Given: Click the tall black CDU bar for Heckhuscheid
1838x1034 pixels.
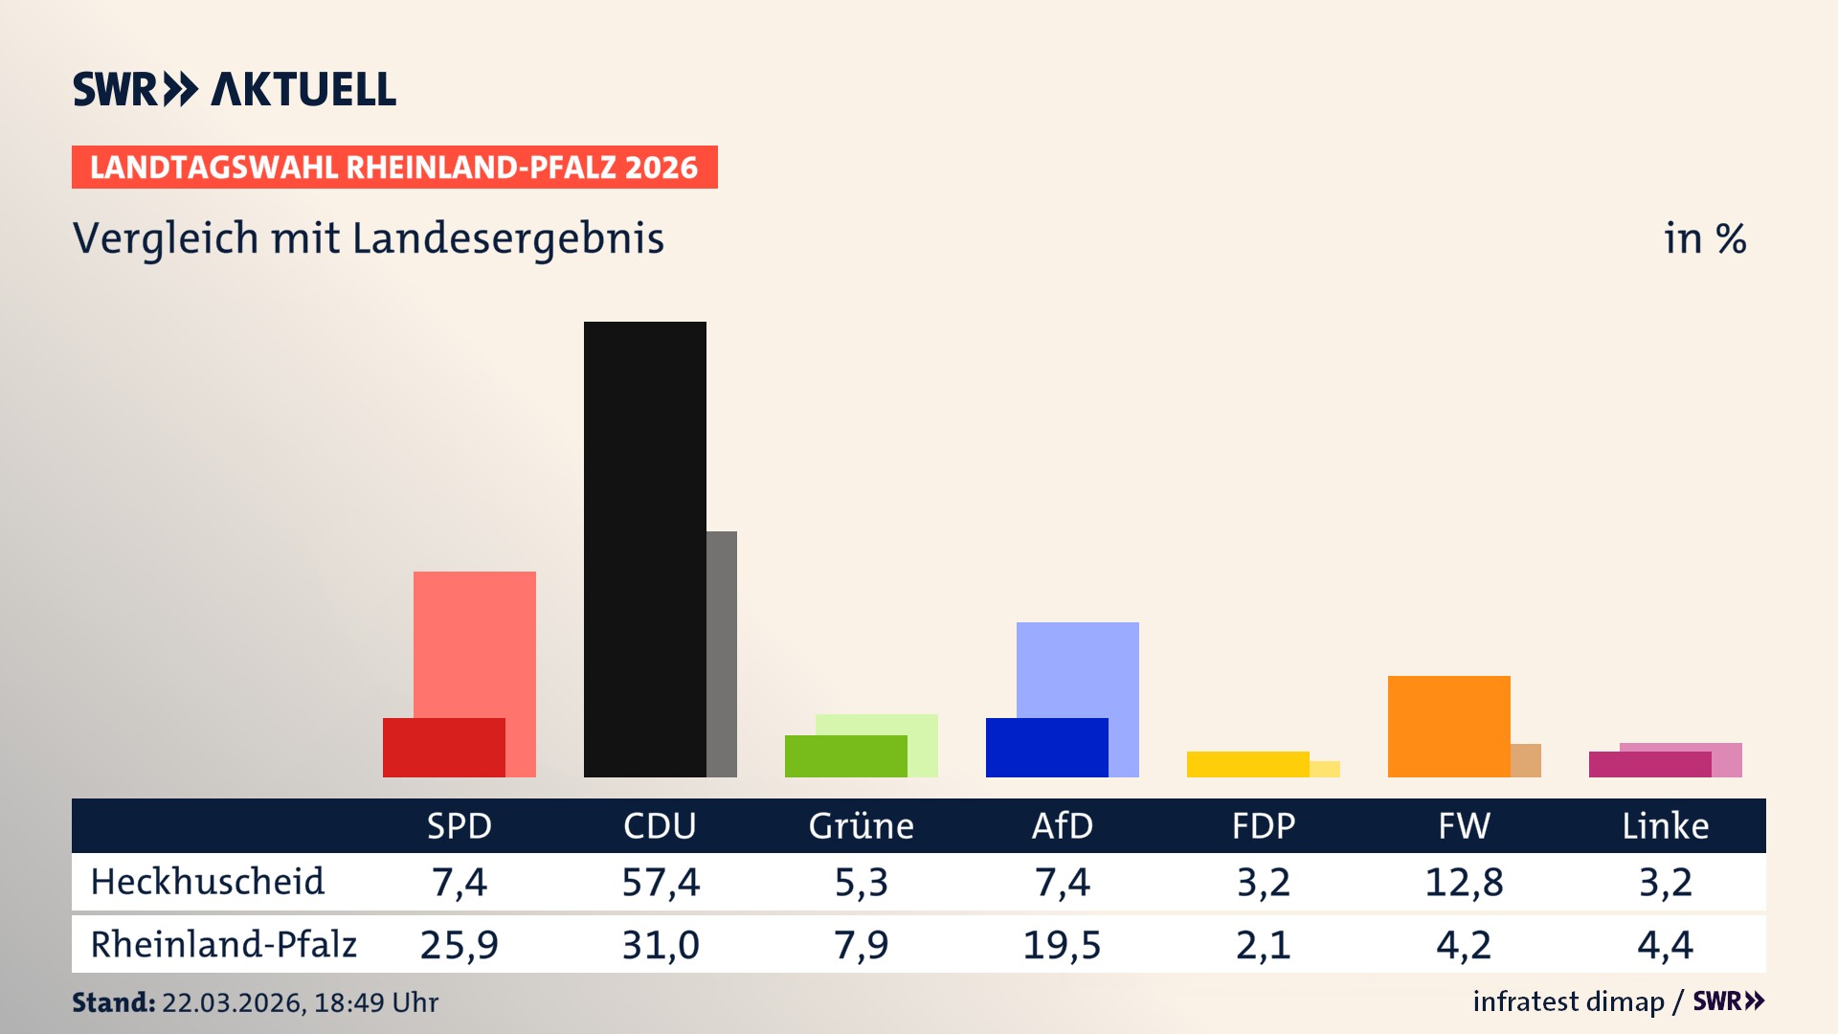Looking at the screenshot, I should pos(644,549).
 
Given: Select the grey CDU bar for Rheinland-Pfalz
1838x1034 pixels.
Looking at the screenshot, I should pos(722,654).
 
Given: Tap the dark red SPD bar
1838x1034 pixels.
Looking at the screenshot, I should pos(443,748).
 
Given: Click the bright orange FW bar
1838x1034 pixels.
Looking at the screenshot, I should pos(1448,726).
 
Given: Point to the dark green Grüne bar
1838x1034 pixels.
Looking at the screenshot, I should pos(845,756).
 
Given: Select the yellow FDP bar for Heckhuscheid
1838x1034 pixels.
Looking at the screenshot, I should pos(1247,764).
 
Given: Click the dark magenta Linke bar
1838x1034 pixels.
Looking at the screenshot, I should pos(1649,765).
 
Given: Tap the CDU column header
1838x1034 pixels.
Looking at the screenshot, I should pos(660,826).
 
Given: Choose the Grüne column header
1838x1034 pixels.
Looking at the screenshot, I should pos(861,826).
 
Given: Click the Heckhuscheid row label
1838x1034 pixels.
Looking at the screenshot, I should pos(208,882).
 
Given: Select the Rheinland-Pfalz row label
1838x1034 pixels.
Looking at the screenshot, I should pos(223,945).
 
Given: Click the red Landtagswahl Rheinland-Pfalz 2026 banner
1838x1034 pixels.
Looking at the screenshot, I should pos(394,168).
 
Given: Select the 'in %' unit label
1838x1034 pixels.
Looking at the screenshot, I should pos(1704,239).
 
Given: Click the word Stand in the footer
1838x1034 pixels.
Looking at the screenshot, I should pos(113,1002).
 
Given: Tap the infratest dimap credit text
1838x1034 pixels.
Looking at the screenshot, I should pos(1568,1001).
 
